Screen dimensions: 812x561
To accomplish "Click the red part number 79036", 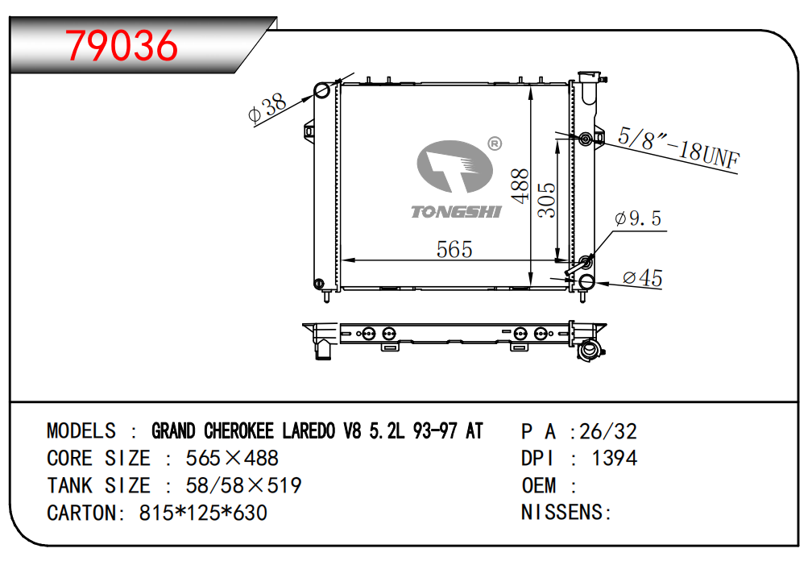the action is pos(122,46).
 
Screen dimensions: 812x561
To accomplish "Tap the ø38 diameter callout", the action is pos(267,108).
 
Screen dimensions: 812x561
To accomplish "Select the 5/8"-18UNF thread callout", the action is pos(678,148).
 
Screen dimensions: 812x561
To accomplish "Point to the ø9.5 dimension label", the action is pos(638,218).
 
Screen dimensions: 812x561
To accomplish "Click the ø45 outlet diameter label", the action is pos(643,278).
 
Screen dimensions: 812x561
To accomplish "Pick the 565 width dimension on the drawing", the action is pos(454,249).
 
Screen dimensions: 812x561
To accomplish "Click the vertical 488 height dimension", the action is pos(520,186).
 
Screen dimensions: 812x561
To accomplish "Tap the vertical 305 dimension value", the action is pos(546,200).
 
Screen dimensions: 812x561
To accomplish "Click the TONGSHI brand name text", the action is pos(456,212).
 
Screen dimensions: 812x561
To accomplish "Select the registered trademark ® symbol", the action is pos(495,143).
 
